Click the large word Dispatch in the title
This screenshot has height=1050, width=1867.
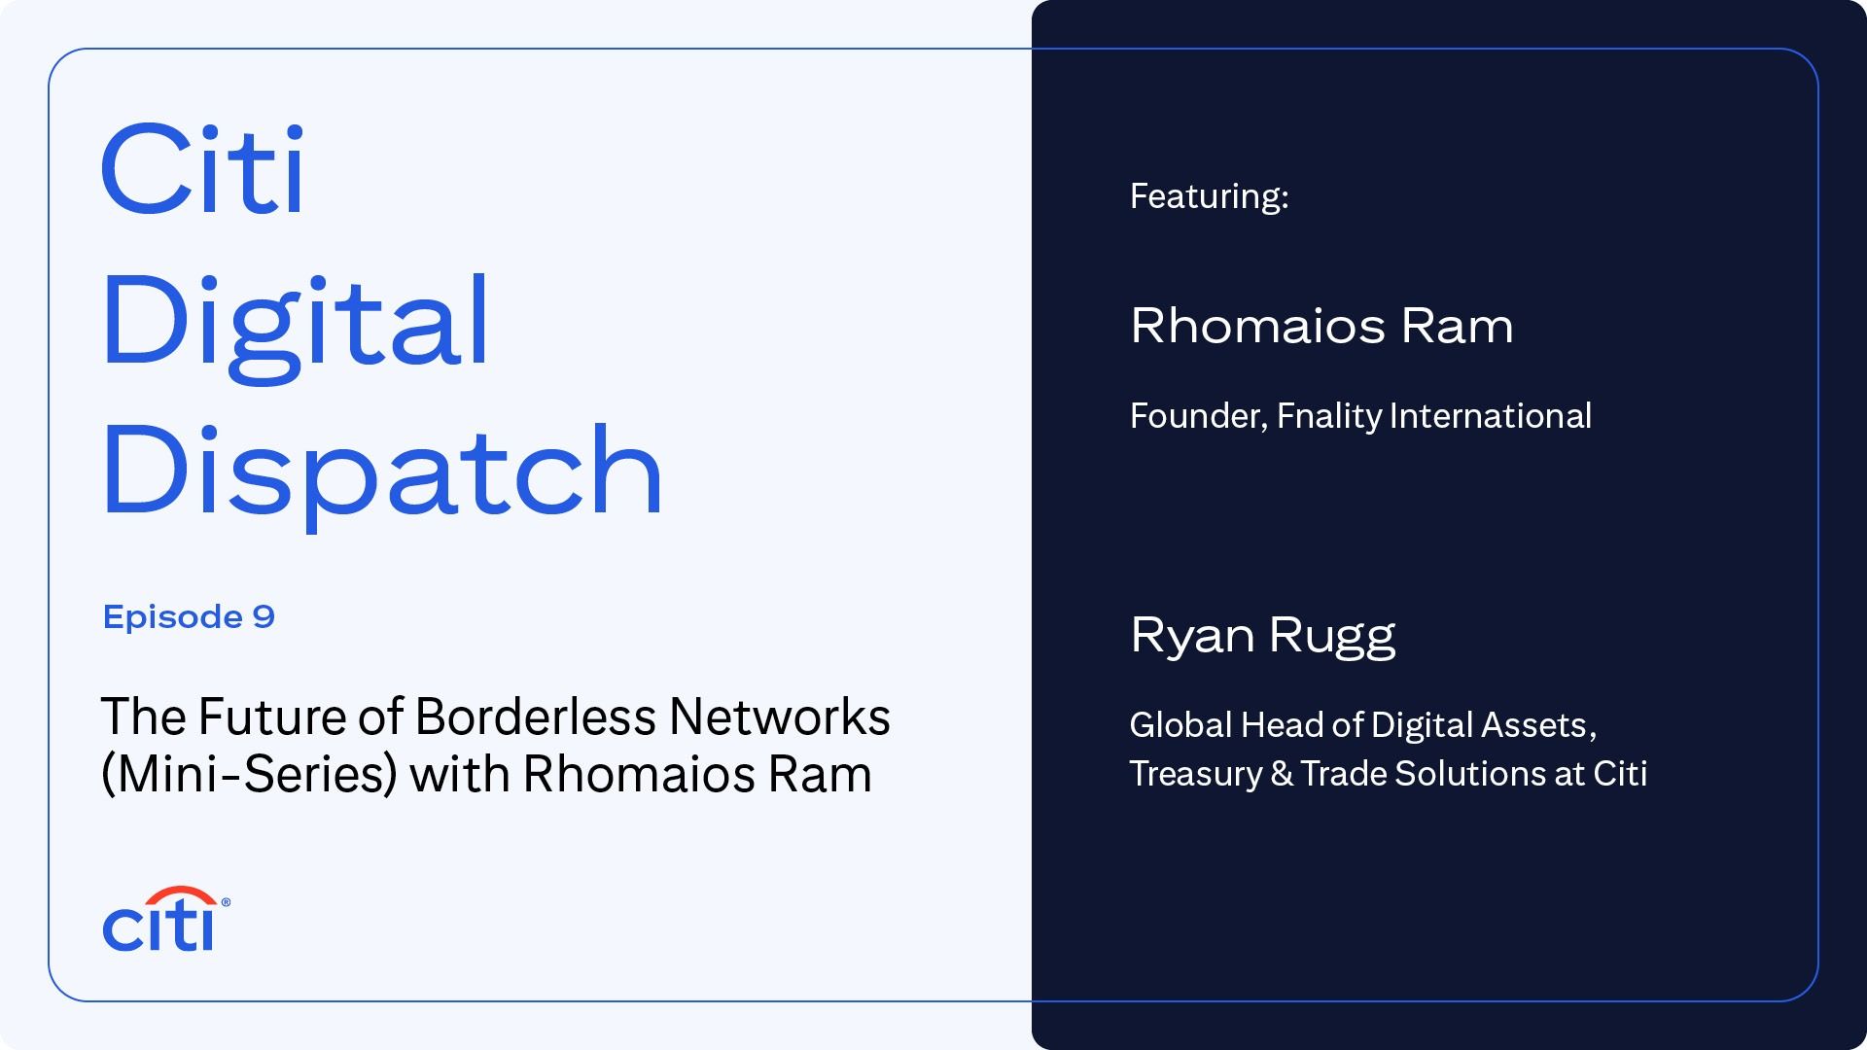[x=381, y=472]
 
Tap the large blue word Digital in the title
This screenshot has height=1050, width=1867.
[x=295, y=323]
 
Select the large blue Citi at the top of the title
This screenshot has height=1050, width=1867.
[x=203, y=171]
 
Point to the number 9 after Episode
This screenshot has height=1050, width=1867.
[x=264, y=616]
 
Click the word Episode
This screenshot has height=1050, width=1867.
[x=173, y=616]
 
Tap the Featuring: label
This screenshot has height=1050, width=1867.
[x=1209, y=196]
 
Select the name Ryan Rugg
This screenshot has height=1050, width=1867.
[x=1262, y=636]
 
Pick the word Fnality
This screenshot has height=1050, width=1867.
[x=1328, y=416]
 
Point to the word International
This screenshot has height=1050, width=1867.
[x=1490, y=416]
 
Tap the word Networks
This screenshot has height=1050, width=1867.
[x=779, y=717]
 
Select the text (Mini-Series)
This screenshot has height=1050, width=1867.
[x=249, y=775]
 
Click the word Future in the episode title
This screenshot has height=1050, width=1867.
[x=272, y=717]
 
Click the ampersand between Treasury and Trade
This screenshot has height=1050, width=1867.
[x=1282, y=774]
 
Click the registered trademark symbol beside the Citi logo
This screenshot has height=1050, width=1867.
[x=226, y=902]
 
